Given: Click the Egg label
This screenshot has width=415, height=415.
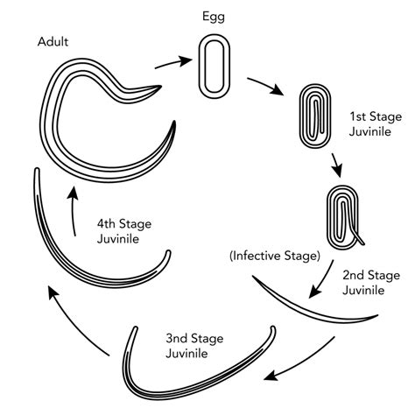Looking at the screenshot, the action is click(214, 17).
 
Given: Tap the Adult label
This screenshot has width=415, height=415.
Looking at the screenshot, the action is click(53, 42).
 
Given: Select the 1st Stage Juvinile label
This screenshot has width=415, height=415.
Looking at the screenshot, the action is click(376, 124).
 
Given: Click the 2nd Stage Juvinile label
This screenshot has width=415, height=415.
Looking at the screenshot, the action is click(371, 283).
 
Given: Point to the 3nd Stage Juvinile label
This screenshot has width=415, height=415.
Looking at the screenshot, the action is click(194, 346).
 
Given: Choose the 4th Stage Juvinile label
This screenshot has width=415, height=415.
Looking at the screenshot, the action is click(124, 231).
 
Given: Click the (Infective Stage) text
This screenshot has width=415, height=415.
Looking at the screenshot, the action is click(275, 256).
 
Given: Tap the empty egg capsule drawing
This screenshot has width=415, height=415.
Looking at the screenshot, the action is click(215, 67).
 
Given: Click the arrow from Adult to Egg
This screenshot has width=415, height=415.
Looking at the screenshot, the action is click(173, 63).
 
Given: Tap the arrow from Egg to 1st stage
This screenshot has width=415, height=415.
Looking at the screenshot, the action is click(265, 85).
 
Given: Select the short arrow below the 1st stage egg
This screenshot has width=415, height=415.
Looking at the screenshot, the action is click(336, 165).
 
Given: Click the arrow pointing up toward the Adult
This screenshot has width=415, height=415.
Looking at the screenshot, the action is click(73, 211).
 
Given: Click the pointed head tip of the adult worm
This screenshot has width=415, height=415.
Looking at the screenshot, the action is click(161, 86).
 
